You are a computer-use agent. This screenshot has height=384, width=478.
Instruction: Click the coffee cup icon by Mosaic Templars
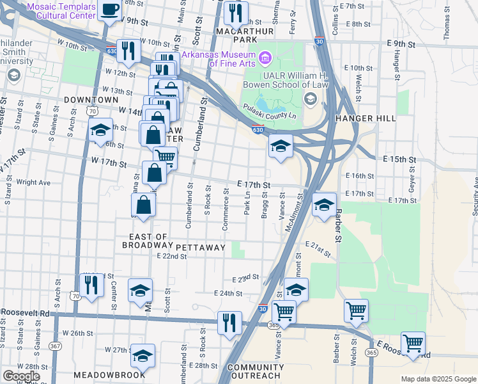coord(110,10)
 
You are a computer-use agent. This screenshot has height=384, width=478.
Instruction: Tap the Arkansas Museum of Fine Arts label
coord(220,58)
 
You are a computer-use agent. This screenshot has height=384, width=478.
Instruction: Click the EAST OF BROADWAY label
coord(147,241)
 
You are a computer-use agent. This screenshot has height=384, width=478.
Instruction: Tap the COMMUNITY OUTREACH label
coord(246,371)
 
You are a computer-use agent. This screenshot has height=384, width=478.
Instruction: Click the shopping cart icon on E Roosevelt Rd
coord(413,343)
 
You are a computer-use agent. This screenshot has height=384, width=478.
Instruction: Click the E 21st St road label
coord(318,250)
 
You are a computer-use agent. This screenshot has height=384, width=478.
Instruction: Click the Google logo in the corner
coord(21,376)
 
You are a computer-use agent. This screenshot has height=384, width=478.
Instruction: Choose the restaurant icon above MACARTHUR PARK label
coord(236,12)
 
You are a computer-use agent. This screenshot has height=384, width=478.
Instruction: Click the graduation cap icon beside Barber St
coord(324,205)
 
